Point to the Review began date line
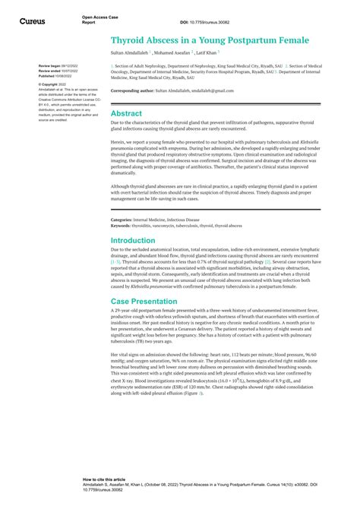58,66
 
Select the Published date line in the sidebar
57,76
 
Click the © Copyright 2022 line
54,84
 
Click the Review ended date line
58,71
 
